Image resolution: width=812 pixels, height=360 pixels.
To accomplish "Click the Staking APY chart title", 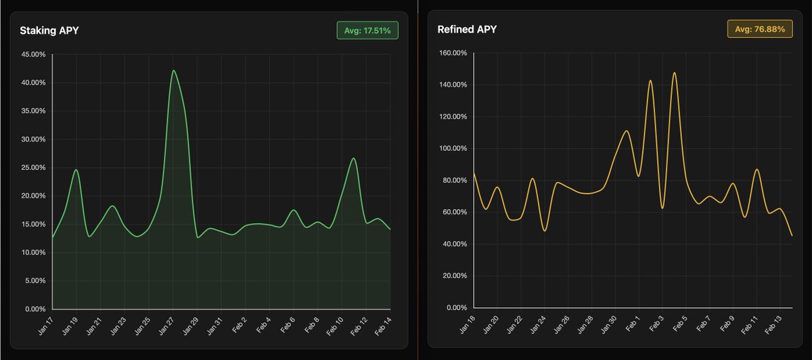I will (x=50, y=30).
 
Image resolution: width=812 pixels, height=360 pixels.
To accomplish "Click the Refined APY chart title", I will (x=466, y=30).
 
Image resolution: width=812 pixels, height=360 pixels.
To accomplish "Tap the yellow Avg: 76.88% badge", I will (x=759, y=28).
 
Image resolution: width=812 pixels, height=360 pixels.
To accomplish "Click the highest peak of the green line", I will (x=174, y=70).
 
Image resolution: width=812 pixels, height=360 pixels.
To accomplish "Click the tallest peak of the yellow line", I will (x=675, y=72).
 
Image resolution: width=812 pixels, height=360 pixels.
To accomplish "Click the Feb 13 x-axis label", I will (x=771, y=324).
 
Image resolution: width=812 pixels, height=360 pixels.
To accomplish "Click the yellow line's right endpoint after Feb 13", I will (x=792, y=235).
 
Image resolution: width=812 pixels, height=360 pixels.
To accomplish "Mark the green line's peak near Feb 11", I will (x=353, y=158).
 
